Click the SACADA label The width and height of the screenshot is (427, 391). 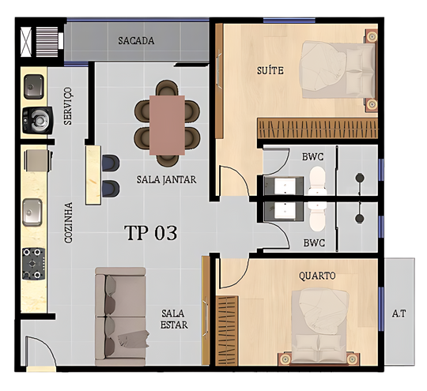pyautogui.click(x=136, y=41)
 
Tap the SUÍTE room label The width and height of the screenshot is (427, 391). pyautogui.click(x=270, y=70)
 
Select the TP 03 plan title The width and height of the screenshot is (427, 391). pyautogui.click(x=150, y=233)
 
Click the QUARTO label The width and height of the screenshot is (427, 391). pyautogui.click(x=317, y=276)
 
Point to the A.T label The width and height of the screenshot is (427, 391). pyautogui.click(x=399, y=314)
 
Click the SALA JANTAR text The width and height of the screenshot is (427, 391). pyautogui.click(x=166, y=180)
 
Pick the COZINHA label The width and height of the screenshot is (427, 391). pyautogui.click(x=68, y=223)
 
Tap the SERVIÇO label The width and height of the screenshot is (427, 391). pyautogui.click(x=68, y=106)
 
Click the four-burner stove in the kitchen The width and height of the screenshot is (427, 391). pyautogui.click(x=33, y=263)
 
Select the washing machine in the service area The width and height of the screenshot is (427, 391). pyautogui.click(x=38, y=120)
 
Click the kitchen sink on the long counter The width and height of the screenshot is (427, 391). pyautogui.click(x=32, y=212)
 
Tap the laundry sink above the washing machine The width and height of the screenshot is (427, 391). pyautogui.click(x=34, y=87)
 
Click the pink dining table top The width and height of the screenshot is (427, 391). pyautogui.click(x=167, y=125)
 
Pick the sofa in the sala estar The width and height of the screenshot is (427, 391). pyautogui.click(x=121, y=317)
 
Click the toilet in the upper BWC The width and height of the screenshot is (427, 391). pyautogui.click(x=318, y=180)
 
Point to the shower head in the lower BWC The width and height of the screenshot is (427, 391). pyautogui.click(x=360, y=218)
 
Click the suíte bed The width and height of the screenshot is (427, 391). pyautogui.click(x=338, y=70)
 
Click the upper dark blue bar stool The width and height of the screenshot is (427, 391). pyautogui.click(x=111, y=164)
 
